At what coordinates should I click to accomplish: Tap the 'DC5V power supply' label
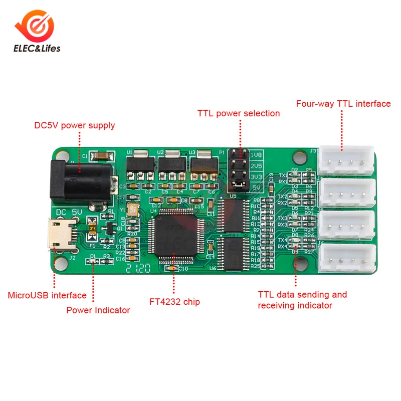[x=75, y=125]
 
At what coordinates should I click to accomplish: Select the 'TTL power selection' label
[x=239, y=113]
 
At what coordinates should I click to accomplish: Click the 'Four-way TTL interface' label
[x=343, y=104]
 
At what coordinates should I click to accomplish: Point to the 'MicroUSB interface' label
[x=47, y=295]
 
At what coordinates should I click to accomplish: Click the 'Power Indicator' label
[x=98, y=310]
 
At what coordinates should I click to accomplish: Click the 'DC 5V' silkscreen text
[x=70, y=212]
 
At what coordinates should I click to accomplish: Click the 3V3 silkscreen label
[x=256, y=177]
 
